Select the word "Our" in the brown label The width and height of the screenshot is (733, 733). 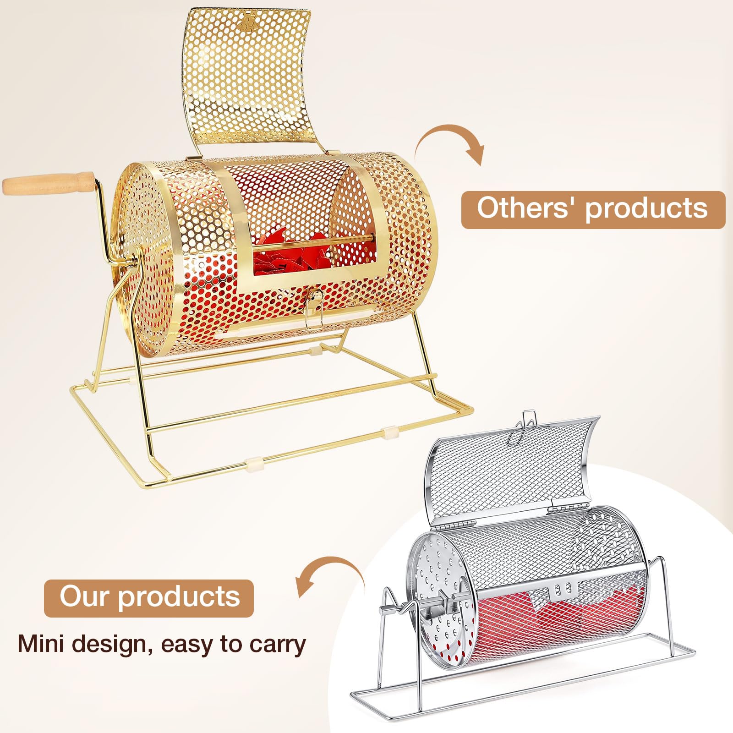85,596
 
